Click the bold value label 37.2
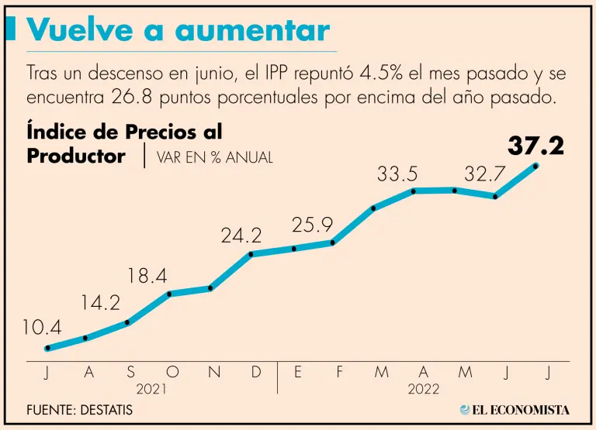[x=536, y=146]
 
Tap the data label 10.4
[x=42, y=328]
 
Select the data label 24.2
[x=241, y=236]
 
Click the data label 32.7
[x=485, y=175]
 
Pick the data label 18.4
[x=147, y=275]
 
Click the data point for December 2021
[x=251, y=253]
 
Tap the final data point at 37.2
[x=536, y=165]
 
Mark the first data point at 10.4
[x=47, y=349]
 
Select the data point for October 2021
[x=170, y=294]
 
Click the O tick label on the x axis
[x=172, y=373]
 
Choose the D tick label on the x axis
[x=256, y=373]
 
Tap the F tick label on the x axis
[x=339, y=373]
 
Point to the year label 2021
[x=151, y=389]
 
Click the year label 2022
[x=424, y=389]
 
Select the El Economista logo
[x=515, y=409]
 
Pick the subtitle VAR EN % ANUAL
[x=215, y=157]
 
